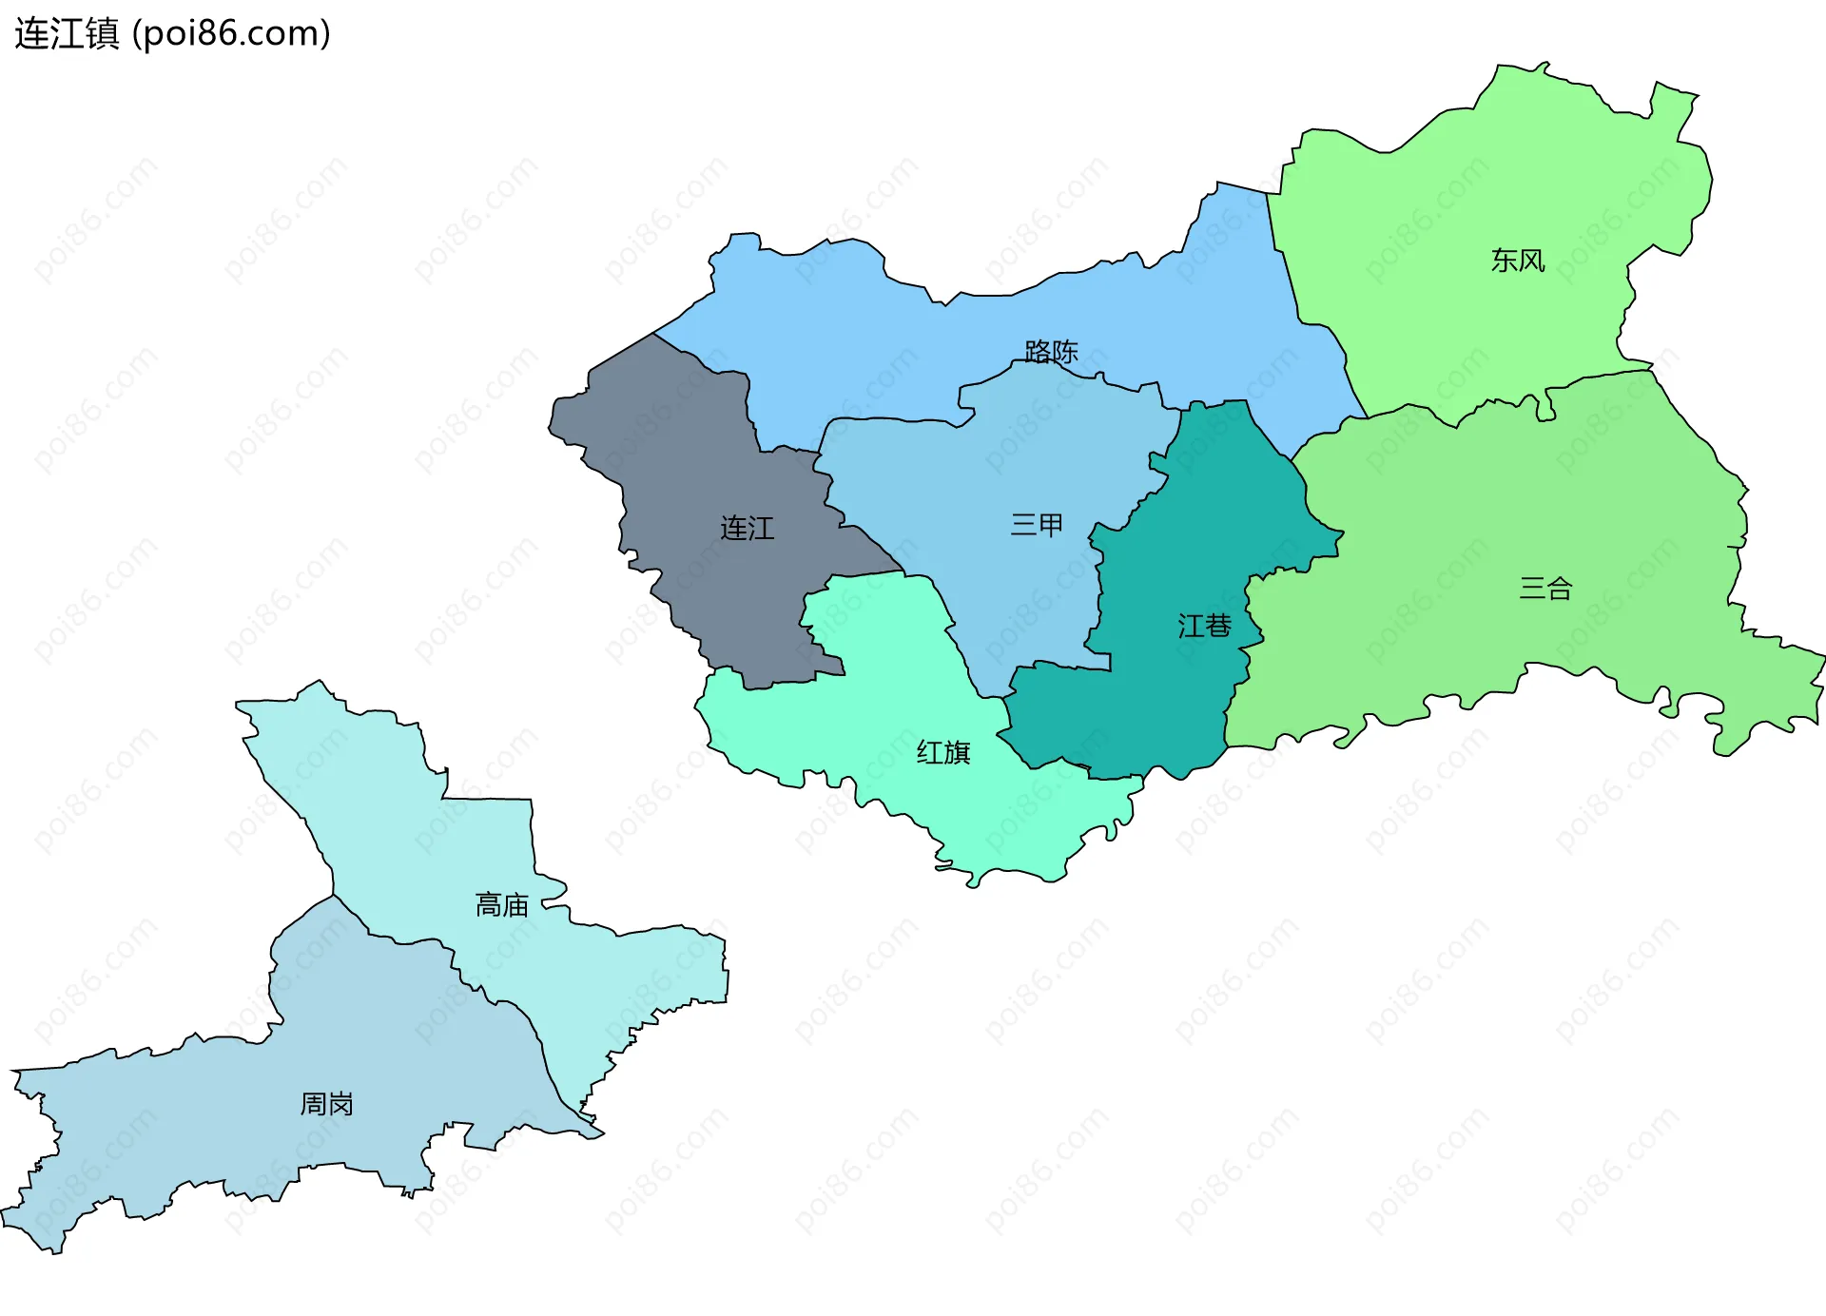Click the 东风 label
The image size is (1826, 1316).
click(1517, 261)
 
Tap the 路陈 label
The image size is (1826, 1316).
click(1051, 352)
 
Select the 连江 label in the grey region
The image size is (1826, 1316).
click(747, 529)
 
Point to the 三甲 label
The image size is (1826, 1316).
click(1037, 525)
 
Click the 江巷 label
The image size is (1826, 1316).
click(1204, 626)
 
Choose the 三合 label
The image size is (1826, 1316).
click(1545, 589)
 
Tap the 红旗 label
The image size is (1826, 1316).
click(942, 753)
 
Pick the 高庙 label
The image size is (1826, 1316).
click(501, 905)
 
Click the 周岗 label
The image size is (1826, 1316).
click(326, 1104)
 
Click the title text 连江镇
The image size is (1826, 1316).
click(67, 34)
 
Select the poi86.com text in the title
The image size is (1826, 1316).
click(231, 34)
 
